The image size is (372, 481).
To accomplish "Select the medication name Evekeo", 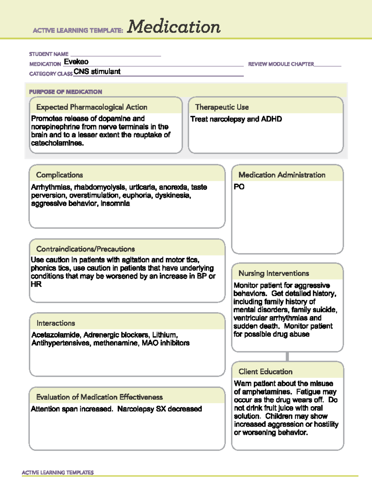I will [76, 62].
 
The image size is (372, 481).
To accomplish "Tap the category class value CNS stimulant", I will [97, 72].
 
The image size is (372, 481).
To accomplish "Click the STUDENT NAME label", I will [49, 54].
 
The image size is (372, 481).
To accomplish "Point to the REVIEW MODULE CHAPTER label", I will [281, 64].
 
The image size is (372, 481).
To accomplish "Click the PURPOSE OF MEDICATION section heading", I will [65, 92].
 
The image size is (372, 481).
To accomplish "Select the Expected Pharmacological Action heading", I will [92, 107].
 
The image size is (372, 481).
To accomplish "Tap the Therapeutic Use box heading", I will [222, 107].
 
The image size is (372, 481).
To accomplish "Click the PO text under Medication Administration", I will [239, 187].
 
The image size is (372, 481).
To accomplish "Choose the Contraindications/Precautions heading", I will [86, 249].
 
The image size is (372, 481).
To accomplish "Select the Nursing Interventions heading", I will [274, 273].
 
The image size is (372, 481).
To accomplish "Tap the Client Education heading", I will [265, 372].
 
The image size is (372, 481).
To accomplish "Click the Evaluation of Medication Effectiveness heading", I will [100, 397].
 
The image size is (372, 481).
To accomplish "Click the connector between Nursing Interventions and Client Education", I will [287, 356].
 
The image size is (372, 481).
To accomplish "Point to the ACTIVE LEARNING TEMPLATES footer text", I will [58, 472].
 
